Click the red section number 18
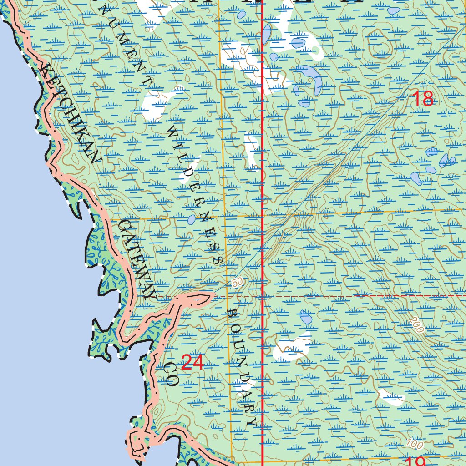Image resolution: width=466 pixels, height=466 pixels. (x=423, y=99)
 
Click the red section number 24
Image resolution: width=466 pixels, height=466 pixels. (x=192, y=363)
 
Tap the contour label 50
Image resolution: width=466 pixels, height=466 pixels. (x=237, y=283)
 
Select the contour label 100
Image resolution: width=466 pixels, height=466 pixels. (x=414, y=442)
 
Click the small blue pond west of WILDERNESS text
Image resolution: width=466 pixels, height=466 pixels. (x=191, y=220)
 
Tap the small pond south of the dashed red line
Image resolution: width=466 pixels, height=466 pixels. (x=306, y=317)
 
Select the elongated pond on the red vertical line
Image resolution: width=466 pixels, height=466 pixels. (x=267, y=34)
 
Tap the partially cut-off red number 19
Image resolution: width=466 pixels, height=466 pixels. (x=414, y=461)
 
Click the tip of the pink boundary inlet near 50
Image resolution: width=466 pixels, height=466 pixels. (x=210, y=297)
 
